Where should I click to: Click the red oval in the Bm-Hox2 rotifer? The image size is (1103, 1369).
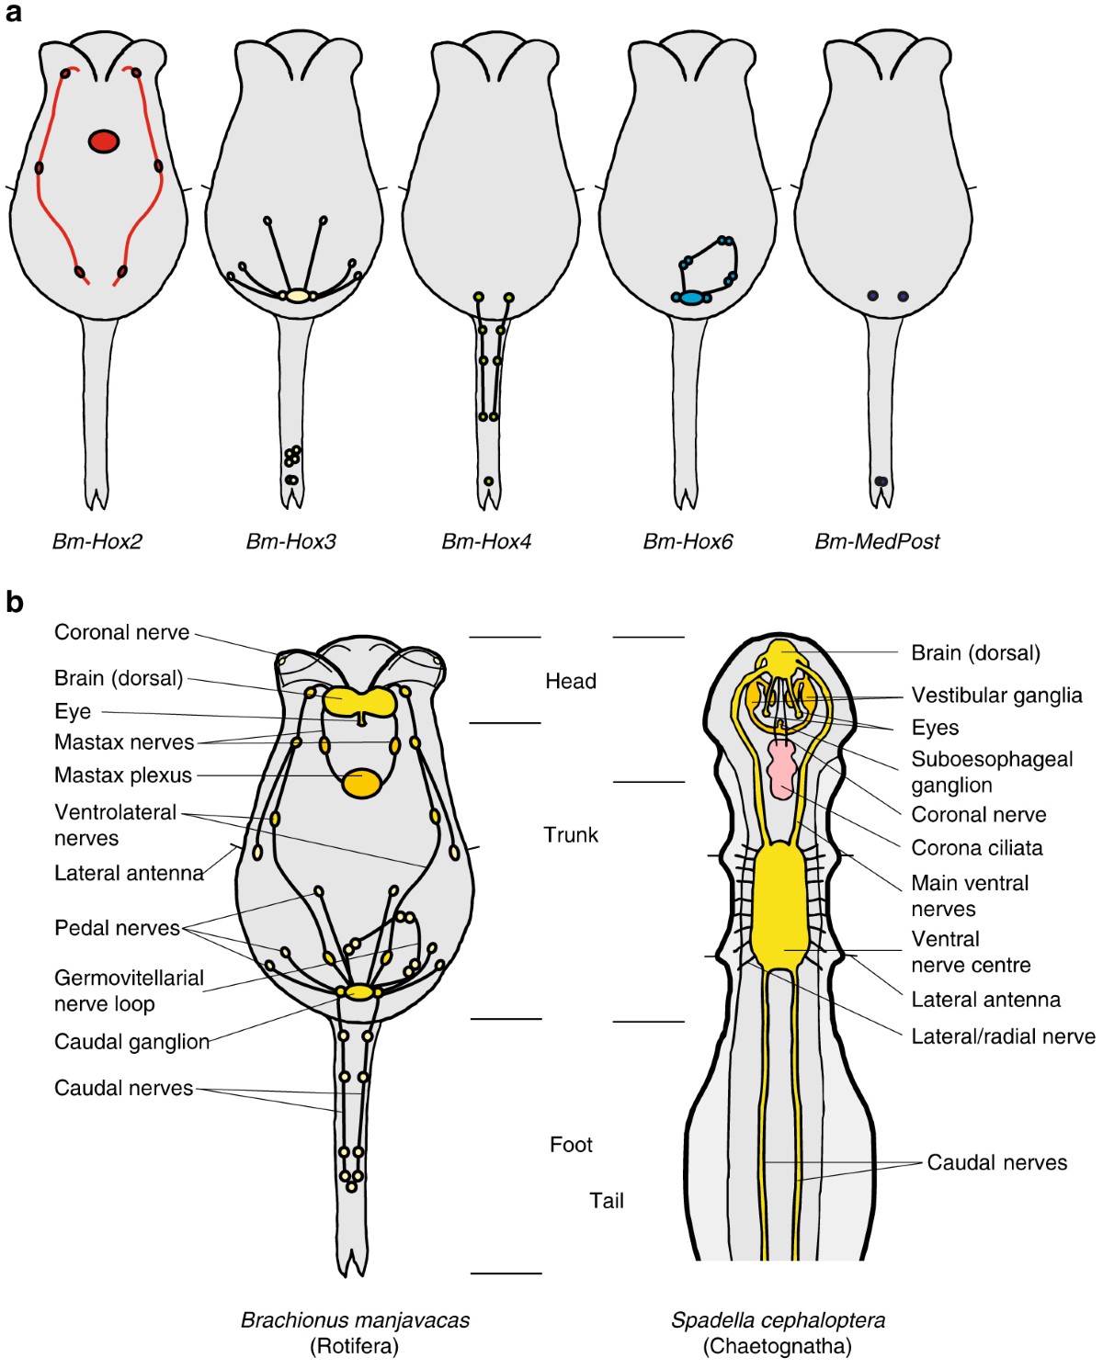[104, 141]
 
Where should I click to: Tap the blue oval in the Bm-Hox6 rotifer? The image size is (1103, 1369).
[691, 298]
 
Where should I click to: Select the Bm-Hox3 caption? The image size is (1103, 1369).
[290, 541]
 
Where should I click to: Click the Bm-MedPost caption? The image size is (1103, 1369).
[877, 541]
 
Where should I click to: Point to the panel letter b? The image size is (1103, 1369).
[15, 603]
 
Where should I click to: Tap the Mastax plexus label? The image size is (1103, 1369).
[123, 775]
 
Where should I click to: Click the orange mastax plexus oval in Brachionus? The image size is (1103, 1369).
[360, 783]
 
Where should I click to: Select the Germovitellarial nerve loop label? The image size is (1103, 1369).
[129, 990]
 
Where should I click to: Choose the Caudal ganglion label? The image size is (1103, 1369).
[131, 1041]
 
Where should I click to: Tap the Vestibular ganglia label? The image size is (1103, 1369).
[996, 695]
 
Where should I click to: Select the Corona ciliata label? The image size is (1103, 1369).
[976, 847]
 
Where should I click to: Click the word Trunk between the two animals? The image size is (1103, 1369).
[571, 834]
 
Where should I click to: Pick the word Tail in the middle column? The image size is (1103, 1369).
[607, 1200]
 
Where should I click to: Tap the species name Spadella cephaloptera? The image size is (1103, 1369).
[778, 1320]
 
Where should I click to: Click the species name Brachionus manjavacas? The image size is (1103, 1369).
[355, 1320]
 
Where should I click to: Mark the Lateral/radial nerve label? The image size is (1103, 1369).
[1003, 1036]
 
